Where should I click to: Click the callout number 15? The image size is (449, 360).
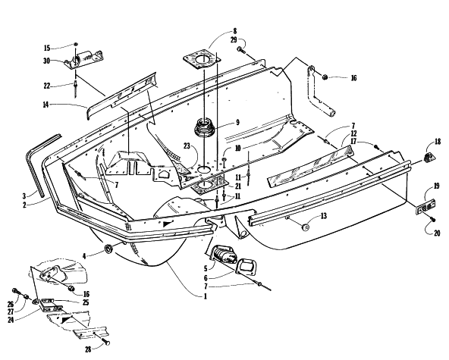pyautogui.click(x=47, y=48)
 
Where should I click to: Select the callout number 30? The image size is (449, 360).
pyautogui.click(x=46, y=61)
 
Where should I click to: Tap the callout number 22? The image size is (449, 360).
pyautogui.click(x=47, y=86)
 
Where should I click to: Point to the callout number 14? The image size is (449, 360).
pyautogui.click(x=46, y=105)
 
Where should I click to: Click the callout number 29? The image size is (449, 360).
pyautogui.click(x=234, y=39)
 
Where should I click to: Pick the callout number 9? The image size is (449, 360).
pyautogui.click(x=237, y=123)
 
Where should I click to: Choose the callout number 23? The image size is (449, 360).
pyautogui.click(x=187, y=146)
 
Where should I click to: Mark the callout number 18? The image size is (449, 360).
pyautogui.click(x=438, y=142)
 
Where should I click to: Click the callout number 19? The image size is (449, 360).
pyautogui.click(x=436, y=186)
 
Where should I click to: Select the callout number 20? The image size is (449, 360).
pyautogui.click(x=437, y=233)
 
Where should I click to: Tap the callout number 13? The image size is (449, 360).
pyautogui.click(x=324, y=216)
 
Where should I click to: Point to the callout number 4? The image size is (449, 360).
pyautogui.click(x=84, y=256)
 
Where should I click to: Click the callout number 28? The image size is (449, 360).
pyautogui.click(x=88, y=349)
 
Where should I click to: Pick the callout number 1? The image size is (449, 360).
pyautogui.click(x=205, y=296)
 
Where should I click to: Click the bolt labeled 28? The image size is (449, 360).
pyautogui.click(x=105, y=340)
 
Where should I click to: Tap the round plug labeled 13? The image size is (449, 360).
pyautogui.click(x=306, y=227)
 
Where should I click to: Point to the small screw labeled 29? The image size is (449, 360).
pyautogui.click(x=240, y=51)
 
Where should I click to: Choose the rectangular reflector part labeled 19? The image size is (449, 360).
pyautogui.click(x=425, y=206)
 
